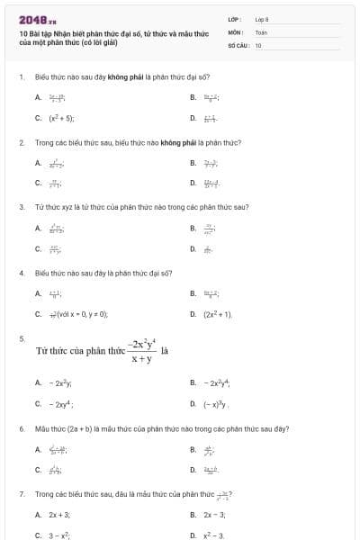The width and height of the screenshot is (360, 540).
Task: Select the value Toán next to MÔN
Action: click(261, 31)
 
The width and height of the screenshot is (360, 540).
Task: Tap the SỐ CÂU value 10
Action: click(258, 44)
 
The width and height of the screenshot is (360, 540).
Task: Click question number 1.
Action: click(21, 77)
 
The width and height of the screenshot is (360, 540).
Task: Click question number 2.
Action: click(21, 142)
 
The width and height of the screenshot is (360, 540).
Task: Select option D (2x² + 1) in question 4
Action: click(218, 314)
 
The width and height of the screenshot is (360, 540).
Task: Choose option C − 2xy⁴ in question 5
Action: click(61, 404)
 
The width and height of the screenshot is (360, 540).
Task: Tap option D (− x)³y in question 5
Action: click(217, 404)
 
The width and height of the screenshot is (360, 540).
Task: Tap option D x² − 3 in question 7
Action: click(214, 535)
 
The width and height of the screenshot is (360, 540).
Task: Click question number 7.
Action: click(21, 494)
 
